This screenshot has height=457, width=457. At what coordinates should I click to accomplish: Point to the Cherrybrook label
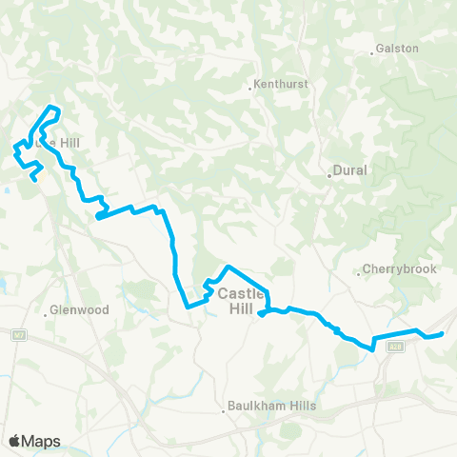(x=403, y=269)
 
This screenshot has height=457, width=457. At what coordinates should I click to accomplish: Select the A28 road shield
(x=395, y=348)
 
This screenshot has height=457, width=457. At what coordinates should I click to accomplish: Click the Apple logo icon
(x=14, y=440)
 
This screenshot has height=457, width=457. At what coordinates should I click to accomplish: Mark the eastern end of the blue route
(x=443, y=334)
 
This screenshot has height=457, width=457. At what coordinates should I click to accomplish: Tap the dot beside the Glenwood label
(x=47, y=310)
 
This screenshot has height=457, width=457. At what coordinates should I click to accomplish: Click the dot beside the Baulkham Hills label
(x=225, y=411)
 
